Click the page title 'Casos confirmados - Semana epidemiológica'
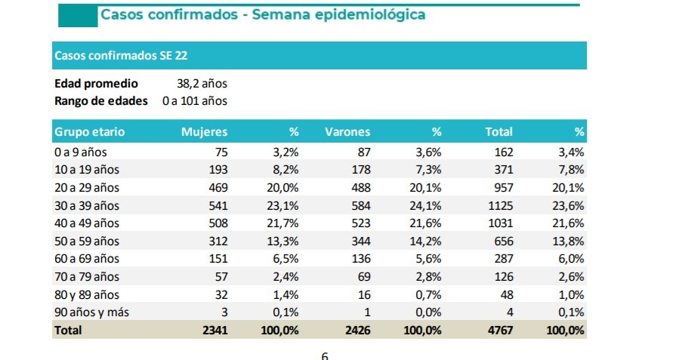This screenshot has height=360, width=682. [262, 15]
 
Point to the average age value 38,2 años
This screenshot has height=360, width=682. [202, 84]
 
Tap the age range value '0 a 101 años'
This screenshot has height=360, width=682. [195, 100]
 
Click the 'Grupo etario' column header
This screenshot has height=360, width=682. [89, 132]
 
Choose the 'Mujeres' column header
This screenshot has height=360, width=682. [204, 132]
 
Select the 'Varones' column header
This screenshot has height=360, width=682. [347, 132]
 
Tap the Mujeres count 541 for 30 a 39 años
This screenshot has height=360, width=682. [218, 205]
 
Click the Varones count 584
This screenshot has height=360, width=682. [360, 205]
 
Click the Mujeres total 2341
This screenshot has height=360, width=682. [214, 330]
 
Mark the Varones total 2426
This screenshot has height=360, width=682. [356, 330]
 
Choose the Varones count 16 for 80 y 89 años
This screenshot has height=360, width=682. [364, 294]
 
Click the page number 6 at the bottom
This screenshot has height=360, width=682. [325, 355]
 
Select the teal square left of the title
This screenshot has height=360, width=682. [78, 15]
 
